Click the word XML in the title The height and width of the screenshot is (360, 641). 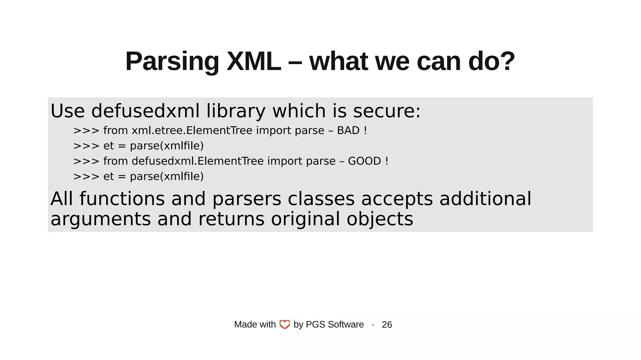254,61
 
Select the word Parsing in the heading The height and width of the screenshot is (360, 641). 172,62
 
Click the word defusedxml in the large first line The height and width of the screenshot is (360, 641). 145,111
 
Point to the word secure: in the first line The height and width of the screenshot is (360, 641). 387,111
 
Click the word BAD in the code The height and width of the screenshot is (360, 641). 348,130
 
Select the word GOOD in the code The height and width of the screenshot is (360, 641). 364,161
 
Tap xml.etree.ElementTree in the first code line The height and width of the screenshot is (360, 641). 192,130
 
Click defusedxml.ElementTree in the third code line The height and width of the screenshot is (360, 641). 197,161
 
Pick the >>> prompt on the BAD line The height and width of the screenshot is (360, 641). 86,131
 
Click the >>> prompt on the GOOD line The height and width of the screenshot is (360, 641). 86,161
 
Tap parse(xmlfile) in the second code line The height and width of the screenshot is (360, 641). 167,146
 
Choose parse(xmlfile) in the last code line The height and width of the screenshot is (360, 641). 167,176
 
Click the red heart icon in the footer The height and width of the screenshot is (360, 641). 285,324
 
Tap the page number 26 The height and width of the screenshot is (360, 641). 387,324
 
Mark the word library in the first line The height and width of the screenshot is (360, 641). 236,111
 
